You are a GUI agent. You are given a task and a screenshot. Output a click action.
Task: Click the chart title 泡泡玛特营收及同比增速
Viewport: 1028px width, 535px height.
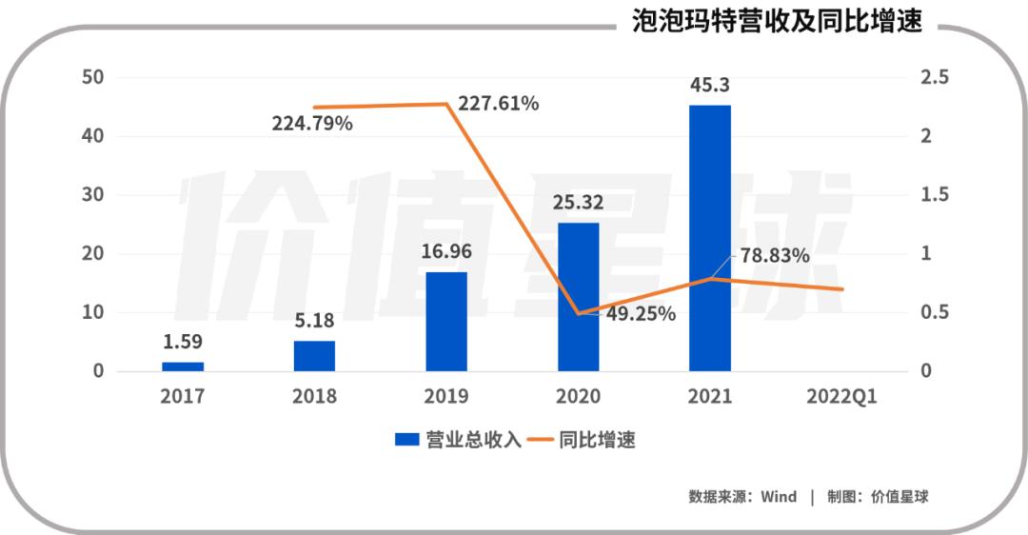[x=777, y=22]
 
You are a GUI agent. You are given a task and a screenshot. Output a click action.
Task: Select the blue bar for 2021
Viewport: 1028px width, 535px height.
[x=710, y=237]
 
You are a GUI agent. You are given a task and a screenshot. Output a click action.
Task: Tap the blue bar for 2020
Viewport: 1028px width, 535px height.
[x=578, y=296]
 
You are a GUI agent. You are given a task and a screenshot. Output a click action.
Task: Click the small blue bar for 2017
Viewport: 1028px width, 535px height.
[x=183, y=366]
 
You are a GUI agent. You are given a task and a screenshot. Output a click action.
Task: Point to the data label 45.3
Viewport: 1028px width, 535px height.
[x=710, y=88]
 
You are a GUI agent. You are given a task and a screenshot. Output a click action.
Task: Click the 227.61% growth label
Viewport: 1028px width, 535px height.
[x=498, y=104]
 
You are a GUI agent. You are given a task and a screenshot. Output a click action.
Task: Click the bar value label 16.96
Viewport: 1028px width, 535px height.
[x=446, y=253]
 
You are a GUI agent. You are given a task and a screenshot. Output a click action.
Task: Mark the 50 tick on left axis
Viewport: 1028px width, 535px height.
[x=92, y=77]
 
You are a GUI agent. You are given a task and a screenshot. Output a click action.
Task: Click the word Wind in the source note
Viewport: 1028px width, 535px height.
[x=779, y=496]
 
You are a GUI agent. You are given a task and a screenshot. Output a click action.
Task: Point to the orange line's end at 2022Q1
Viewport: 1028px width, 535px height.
[x=841, y=288]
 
